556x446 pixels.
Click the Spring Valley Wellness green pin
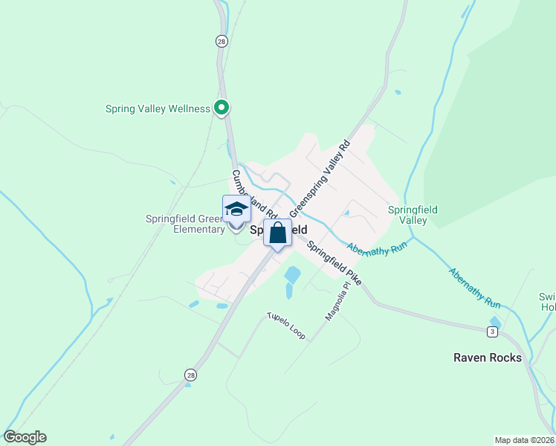point(221,109)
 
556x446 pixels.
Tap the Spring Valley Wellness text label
point(158,109)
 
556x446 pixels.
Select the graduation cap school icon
point(236,210)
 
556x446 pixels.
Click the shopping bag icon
point(277,233)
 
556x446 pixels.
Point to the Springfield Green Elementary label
point(185,224)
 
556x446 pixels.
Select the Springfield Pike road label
point(334,263)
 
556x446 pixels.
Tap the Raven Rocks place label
point(488,358)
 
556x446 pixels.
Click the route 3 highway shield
point(492,330)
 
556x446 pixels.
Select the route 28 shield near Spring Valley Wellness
point(222,42)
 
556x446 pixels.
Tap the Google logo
point(25,437)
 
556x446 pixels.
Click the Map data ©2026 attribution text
point(524,440)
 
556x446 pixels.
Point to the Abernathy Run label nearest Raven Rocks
point(475,288)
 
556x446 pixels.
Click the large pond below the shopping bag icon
point(292,275)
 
